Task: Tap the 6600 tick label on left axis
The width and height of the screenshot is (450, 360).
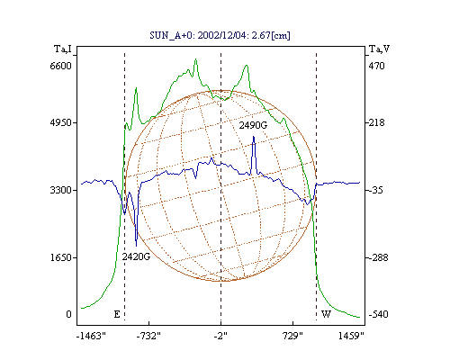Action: point(60,66)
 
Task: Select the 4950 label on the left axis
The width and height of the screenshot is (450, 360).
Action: point(60,122)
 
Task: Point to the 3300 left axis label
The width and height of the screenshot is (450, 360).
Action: point(60,190)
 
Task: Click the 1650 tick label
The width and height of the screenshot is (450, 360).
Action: point(60,257)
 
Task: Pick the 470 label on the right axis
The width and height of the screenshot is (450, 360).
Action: point(376,66)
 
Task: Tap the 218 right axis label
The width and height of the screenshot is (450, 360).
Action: point(376,122)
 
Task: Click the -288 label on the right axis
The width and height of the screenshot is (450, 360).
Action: point(378,257)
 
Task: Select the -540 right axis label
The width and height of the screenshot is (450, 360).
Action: point(378,314)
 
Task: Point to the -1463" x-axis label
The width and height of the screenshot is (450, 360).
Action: point(91,336)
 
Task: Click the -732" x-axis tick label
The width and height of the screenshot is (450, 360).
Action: point(148,336)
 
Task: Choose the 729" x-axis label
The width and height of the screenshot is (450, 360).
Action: point(292,336)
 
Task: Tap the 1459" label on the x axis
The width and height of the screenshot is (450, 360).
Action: point(351,336)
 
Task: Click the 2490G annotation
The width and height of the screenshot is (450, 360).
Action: point(253,125)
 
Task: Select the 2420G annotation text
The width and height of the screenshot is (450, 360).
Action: point(136,256)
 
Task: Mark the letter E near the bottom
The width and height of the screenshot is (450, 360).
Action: point(117,314)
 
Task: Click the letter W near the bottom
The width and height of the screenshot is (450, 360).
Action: point(326,314)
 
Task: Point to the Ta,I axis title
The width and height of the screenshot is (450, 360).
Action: point(63,49)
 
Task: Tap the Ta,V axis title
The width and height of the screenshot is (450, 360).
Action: point(379,49)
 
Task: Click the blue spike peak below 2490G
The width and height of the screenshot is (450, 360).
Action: point(254,137)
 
